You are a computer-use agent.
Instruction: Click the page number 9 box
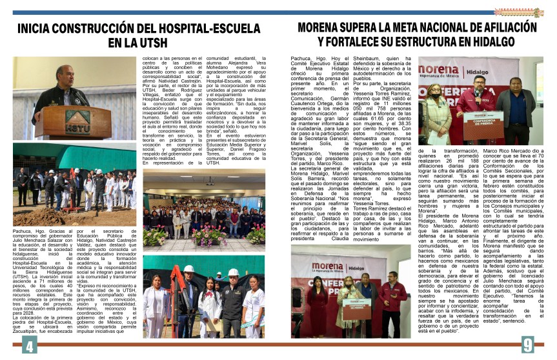(527, 345)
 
